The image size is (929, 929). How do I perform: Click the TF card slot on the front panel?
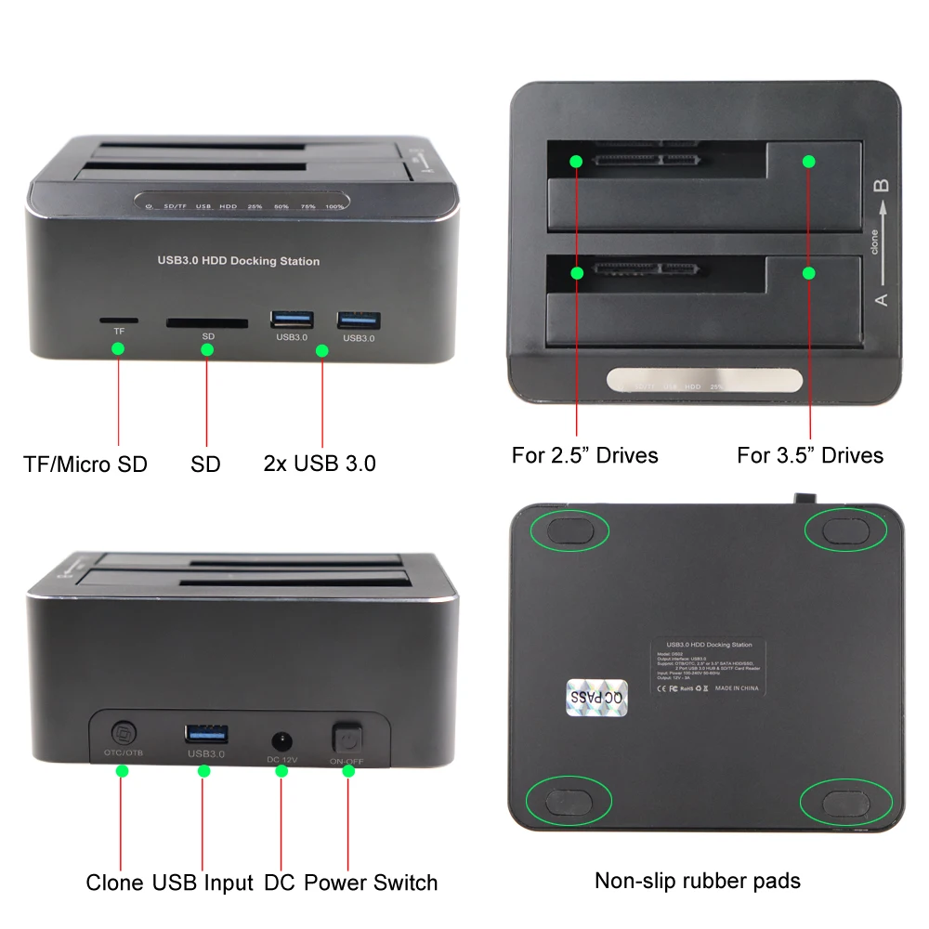[x=119, y=321]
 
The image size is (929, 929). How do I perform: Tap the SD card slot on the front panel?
[x=206, y=324]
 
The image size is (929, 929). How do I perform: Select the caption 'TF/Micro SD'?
[x=85, y=464]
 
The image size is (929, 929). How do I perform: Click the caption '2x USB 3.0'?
[x=320, y=464]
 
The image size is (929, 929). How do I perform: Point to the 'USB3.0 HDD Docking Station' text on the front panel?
[x=238, y=261]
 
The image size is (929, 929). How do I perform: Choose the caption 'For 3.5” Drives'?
[x=809, y=455]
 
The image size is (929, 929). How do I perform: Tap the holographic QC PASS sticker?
[x=597, y=696]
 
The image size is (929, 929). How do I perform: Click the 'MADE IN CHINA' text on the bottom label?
[x=738, y=688]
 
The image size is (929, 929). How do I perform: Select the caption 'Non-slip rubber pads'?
[x=697, y=880]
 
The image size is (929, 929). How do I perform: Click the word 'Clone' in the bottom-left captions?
[x=114, y=882]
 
